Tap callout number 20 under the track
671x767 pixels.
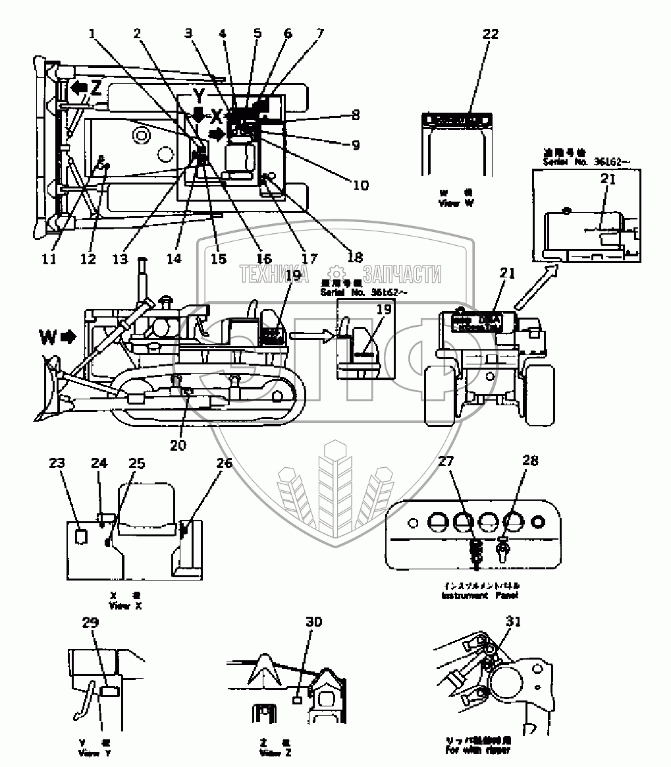(178, 445)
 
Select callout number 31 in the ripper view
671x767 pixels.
(518, 621)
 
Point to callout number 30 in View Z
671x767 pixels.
(314, 621)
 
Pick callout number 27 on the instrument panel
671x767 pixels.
(446, 461)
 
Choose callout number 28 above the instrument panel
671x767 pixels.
(530, 461)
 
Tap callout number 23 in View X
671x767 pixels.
(57, 463)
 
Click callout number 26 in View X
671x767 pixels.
(224, 463)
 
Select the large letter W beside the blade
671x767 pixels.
(48, 337)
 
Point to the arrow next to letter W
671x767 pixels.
(68, 337)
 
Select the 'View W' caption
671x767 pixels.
(456, 204)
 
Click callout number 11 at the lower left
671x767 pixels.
(49, 259)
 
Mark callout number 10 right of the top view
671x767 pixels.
(361, 185)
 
